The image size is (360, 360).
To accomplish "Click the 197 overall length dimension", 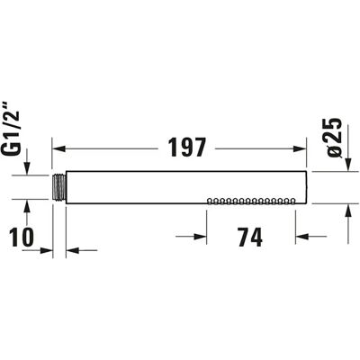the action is click(187, 148).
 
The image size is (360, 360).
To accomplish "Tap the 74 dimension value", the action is click(250, 237).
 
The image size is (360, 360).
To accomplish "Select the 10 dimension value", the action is click(22, 237).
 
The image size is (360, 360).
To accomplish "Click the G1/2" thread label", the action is click(13, 130).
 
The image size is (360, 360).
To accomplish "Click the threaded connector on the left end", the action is click(59, 187).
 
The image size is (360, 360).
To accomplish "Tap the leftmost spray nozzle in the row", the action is click(210, 201).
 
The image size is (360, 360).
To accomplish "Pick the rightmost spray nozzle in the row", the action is click(292, 201).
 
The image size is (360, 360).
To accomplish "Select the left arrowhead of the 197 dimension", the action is click(59, 148).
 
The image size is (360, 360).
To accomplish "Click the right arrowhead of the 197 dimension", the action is click(300, 148).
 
